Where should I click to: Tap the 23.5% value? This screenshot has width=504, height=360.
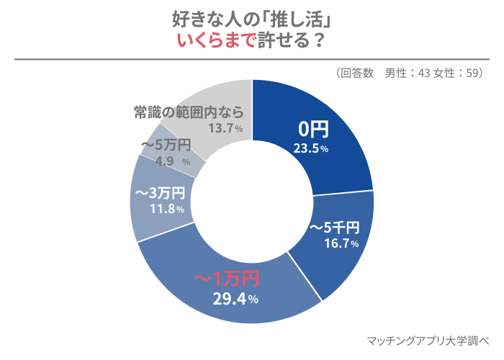311,149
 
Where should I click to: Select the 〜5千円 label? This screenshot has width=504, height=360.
333,228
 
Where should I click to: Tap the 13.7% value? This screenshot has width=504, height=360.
225,129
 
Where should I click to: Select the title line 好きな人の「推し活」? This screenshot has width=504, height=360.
252,18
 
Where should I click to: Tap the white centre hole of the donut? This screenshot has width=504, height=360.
252,202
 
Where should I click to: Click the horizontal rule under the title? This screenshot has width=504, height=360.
252,59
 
